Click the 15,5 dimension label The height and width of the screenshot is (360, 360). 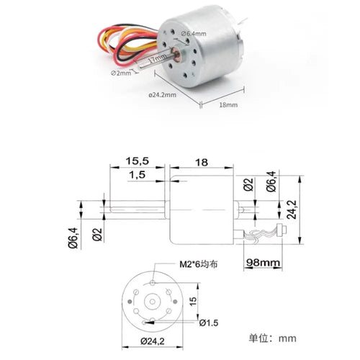[138, 161]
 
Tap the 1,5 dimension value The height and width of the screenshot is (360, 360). [138, 175]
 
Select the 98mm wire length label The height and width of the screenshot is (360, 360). [264, 263]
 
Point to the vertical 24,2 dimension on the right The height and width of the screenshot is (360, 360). [292, 210]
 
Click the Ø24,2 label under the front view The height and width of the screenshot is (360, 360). [153, 341]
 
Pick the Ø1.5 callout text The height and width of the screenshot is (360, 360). [209, 323]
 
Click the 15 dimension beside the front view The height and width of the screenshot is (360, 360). [193, 301]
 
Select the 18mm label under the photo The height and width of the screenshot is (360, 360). [228, 105]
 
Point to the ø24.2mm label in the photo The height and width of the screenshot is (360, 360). [162, 95]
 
